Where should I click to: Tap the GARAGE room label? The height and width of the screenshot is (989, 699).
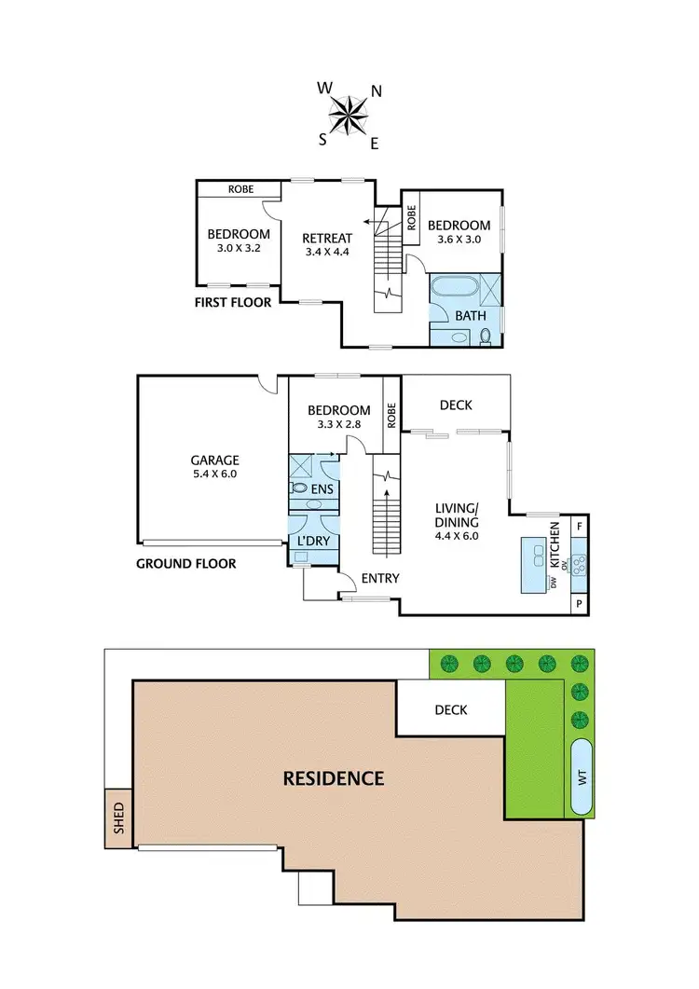215,460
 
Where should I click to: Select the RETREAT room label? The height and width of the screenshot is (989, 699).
329,238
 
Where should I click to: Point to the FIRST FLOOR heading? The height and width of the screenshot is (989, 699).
233,302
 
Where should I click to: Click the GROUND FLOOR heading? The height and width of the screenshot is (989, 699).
185,563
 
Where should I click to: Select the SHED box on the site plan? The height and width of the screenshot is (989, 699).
119,818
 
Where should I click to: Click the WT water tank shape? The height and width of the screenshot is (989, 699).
582,778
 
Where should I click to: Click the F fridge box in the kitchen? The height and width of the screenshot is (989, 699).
580,526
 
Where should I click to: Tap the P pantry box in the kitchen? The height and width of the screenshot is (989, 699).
580,604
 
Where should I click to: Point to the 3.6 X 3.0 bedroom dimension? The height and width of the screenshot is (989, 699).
459,239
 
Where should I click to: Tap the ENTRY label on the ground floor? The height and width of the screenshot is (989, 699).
380,579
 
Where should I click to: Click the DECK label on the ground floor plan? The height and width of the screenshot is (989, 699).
456,405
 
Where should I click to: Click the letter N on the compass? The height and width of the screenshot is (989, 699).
377,91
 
